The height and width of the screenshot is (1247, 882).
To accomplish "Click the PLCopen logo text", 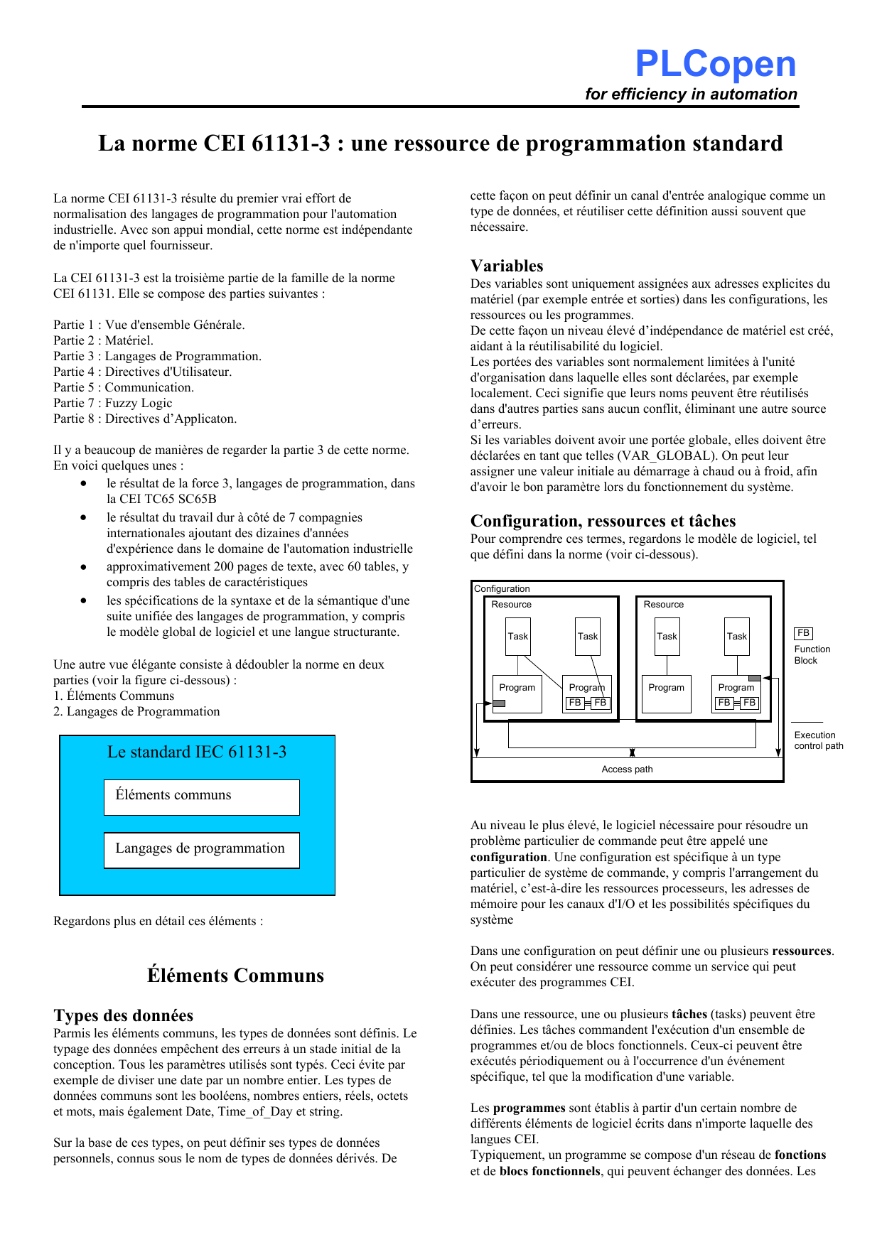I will (x=715, y=64).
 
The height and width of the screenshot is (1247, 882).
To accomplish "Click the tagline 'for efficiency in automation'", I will (x=691, y=95).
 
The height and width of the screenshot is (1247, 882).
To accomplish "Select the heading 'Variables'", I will (x=507, y=266).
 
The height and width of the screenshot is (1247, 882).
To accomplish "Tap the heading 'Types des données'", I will (x=123, y=1015).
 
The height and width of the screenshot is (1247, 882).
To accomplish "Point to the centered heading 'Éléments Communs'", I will (x=235, y=976).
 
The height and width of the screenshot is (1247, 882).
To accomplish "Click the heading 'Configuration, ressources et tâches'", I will (x=603, y=521).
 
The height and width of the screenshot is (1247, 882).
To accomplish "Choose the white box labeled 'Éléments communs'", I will (x=201, y=797).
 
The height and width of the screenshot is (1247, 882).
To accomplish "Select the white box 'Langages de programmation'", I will (x=201, y=850).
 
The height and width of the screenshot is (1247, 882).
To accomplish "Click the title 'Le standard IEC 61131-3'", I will (x=197, y=752).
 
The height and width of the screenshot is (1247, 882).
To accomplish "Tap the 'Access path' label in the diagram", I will (x=627, y=770).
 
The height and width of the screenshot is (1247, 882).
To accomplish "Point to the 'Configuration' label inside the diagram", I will (x=502, y=589).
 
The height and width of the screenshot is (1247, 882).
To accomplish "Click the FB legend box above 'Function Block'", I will (x=803, y=633).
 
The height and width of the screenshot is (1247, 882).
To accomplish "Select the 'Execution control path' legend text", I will (x=818, y=740).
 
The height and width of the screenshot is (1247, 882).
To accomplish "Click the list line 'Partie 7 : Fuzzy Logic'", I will (x=112, y=403).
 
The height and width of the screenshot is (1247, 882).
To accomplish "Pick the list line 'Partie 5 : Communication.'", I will (x=123, y=387).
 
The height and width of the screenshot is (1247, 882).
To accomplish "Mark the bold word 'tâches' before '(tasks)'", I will (x=689, y=1014).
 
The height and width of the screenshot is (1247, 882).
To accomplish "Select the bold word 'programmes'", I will (x=529, y=1108).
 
